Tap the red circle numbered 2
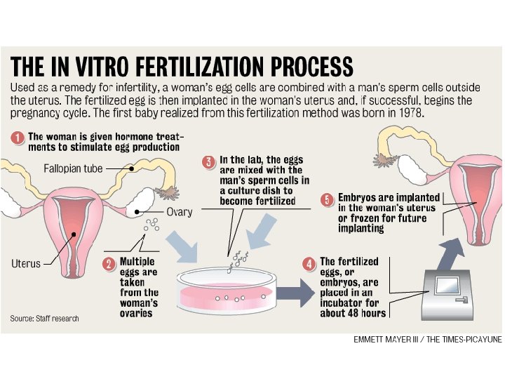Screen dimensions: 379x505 (x=109, y=264)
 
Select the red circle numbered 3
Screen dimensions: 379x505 (x=208, y=161)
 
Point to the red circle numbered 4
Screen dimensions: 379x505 (x=309, y=264)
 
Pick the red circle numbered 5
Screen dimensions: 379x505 (x=326, y=199)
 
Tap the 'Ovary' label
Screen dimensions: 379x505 (x=180, y=212)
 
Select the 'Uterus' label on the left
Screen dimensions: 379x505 (x=26, y=264)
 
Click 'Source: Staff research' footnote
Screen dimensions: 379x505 (x=44, y=319)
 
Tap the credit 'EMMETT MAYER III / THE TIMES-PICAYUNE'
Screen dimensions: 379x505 (x=428, y=340)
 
